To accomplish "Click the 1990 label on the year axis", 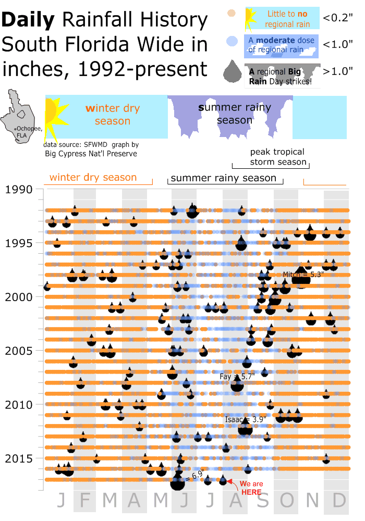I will (18, 190).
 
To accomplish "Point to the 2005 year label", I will (18, 351).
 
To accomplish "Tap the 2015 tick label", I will (18, 458).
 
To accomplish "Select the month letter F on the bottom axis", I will (86, 501).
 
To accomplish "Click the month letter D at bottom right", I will (339, 501).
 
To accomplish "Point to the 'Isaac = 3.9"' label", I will (246, 419).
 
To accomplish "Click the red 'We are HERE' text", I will (252, 488).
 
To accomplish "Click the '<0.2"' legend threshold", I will (338, 18).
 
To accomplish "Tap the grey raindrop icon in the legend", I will (232, 72).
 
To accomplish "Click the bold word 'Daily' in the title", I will (29, 21).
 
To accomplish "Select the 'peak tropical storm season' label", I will (277, 157).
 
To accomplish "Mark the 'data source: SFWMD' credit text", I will (76, 145).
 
